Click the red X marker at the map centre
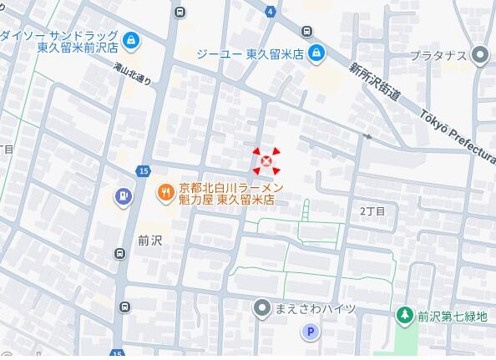click(x=266, y=160)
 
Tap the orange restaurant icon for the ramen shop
click(x=165, y=194)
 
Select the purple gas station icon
click(x=123, y=196)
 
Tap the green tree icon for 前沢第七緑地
click(x=405, y=315)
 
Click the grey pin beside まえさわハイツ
click(x=261, y=309)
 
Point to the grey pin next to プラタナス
click(x=479, y=56)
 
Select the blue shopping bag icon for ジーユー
click(x=316, y=55)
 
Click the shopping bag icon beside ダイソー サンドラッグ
click(x=131, y=39)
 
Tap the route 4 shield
click(x=271, y=11)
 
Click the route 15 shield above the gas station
click(x=144, y=171)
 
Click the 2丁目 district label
click(x=372, y=211)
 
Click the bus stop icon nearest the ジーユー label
click(x=307, y=32)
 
